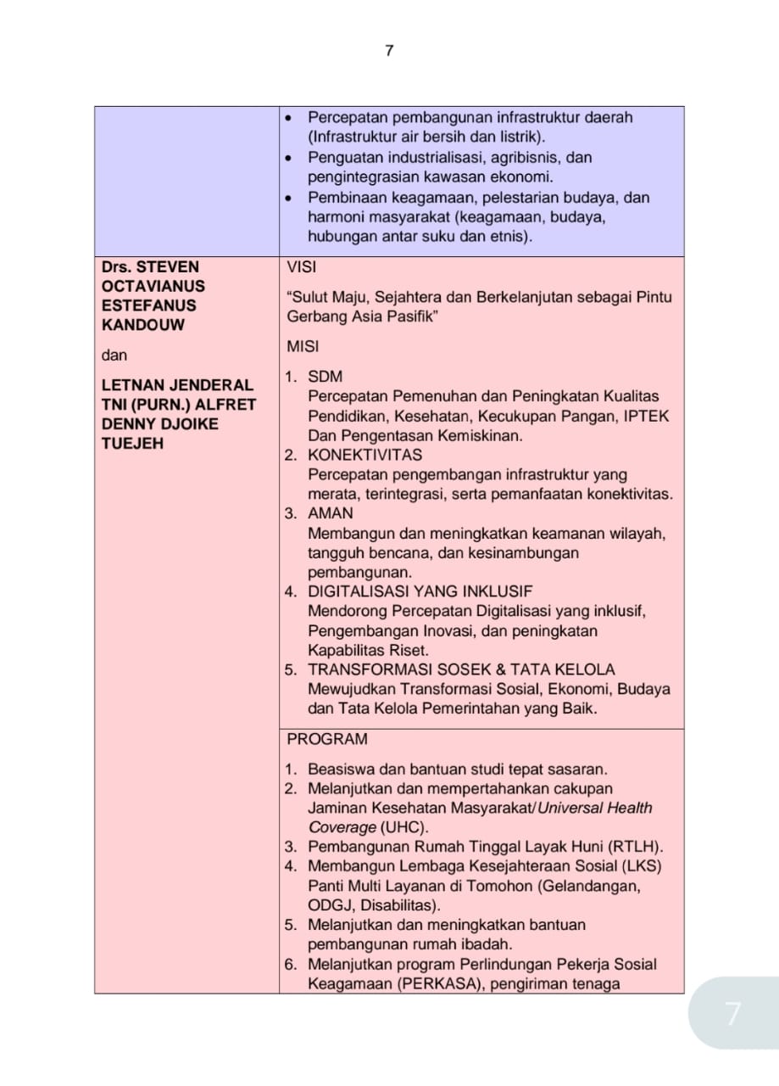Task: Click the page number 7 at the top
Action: click(x=389, y=51)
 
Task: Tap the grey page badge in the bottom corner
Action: click(x=732, y=1013)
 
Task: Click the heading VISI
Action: click(x=301, y=266)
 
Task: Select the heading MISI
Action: click(x=303, y=346)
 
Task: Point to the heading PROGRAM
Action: click(x=327, y=739)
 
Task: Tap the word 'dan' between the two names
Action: click(x=114, y=355)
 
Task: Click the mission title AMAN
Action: click(x=331, y=513)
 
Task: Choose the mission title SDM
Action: click(x=326, y=376)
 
